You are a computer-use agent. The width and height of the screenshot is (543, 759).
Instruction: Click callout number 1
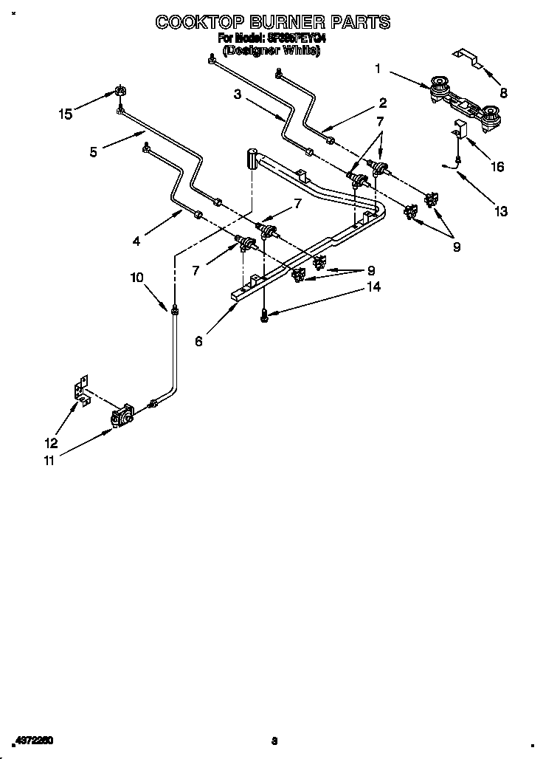click(x=378, y=69)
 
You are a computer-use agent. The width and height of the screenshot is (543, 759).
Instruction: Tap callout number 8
click(x=504, y=93)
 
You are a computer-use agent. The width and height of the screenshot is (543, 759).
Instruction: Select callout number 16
click(x=497, y=167)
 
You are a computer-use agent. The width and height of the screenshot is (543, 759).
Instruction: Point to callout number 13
click(x=501, y=211)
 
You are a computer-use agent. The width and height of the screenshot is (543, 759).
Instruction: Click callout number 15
click(x=66, y=114)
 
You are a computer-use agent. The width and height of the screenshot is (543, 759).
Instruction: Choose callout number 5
click(x=94, y=152)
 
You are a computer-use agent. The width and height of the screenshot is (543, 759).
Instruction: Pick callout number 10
click(x=136, y=278)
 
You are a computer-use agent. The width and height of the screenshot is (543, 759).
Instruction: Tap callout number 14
click(x=374, y=287)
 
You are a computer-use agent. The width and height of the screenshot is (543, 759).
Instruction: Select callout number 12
click(x=50, y=443)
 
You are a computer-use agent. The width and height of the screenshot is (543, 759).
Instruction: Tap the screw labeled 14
click(x=264, y=315)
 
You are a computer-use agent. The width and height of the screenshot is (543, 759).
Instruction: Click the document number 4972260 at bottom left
click(x=33, y=740)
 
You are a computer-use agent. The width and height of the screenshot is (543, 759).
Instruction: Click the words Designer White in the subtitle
click(x=271, y=51)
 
